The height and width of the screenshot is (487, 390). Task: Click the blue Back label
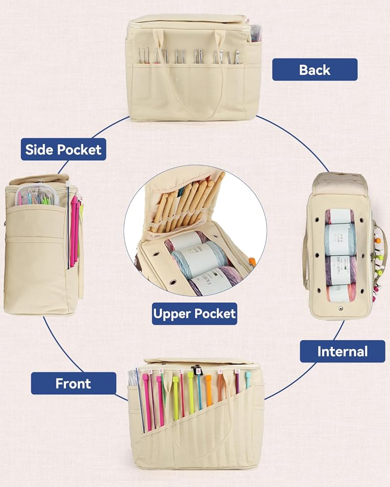[x=314, y=70]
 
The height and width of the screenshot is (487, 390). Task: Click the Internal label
[x=342, y=351]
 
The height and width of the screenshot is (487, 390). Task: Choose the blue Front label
[x=73, y=383]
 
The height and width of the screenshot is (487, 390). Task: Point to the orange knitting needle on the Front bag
[x=209, y=390]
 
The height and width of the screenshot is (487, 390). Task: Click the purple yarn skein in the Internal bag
[x=340, y=270]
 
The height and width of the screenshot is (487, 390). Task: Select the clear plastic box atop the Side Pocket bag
[x=38, y=196]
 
